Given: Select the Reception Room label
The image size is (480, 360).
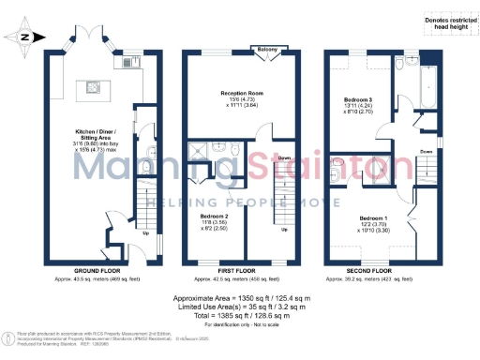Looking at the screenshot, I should click(241, 94).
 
